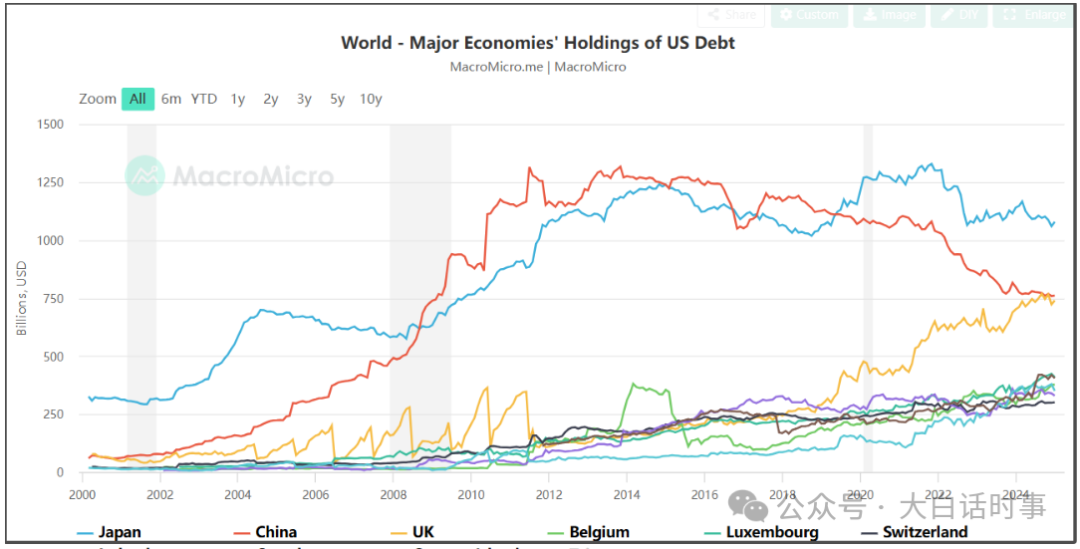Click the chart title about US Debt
(x=538, y=43)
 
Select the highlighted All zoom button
(x=138, y=99)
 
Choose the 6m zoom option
(x=171, y=99)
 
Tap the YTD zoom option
(x=204, y=99)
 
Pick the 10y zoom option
(x=370, y=99)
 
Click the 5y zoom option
(x=337, y=99)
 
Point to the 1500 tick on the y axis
(x=51, y=125)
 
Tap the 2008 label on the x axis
(x=393, y=494)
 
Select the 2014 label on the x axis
(x=627, y=494)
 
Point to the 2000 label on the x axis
(x=81, y=494)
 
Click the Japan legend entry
(x=111, y=532)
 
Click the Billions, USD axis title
(x=23, y=298)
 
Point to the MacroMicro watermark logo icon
(x=145, y=176)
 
